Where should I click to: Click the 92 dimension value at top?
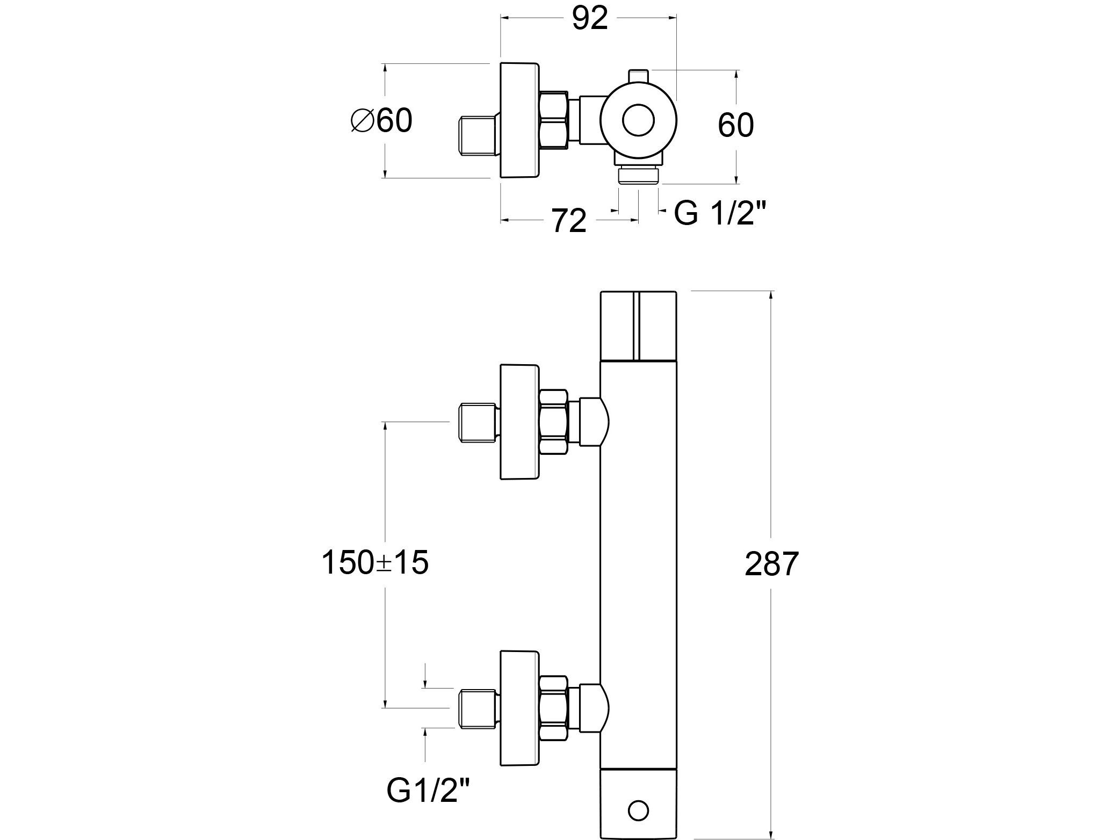point(589,19)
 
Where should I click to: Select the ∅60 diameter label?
point(381,120)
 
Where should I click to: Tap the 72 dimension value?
point(569,220)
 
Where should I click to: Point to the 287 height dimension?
point(772,564)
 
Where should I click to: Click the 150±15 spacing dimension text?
point(375,563)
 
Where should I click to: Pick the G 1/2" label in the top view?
point(719,214)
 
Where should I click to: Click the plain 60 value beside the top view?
point(735,125)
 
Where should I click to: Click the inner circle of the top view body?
point(639,120)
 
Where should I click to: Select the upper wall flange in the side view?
point(519,422)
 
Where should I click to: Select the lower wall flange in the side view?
point(519,708)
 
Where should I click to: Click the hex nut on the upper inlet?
point(553,422)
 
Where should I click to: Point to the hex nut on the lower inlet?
point(553,708)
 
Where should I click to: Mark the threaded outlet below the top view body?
point(639,176)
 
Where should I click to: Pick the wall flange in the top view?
point(519,120)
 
